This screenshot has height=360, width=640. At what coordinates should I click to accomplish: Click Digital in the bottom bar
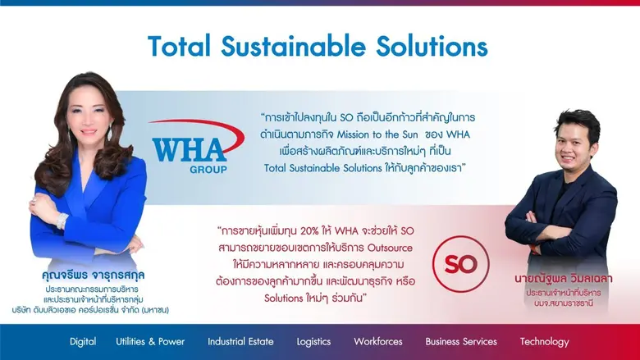pyautogui.click(x=83, y=341)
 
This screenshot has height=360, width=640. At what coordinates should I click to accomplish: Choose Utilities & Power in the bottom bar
pyautogui.click(x=151, y=341)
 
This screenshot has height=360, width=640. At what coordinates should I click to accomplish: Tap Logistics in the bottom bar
pyautogui.click(x=314, y=341)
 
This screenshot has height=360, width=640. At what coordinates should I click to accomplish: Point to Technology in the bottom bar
pyautogui.click(x=544, y=341)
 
